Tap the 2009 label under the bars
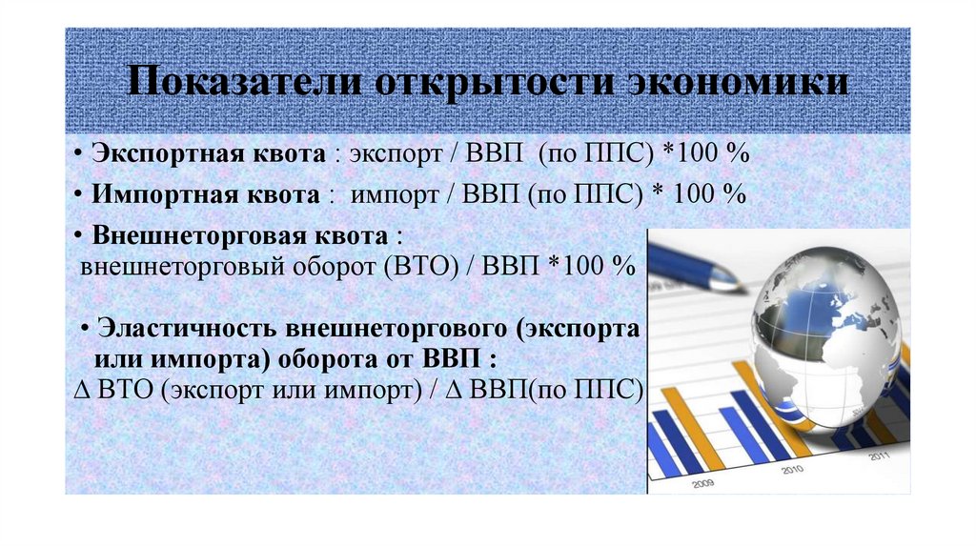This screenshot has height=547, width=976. click(x=704, y=482)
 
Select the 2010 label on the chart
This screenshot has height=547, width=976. click(x=790, y=470)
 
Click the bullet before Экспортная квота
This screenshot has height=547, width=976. click(x=77, y=154)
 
